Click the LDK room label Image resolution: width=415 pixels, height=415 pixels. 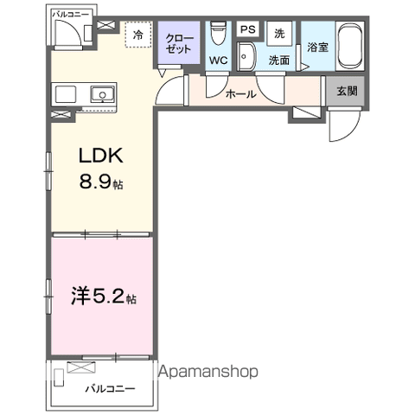click(102, 156)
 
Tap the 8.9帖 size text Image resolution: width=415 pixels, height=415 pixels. click(102, 182)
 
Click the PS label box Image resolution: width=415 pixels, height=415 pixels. click(247, 29)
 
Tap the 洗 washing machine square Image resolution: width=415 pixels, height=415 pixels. click(278, 33)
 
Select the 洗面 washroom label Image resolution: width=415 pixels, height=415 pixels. click(278, 61)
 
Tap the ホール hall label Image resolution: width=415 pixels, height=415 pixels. click(239, 94)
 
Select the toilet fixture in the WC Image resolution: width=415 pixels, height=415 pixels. click(218, 32)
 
